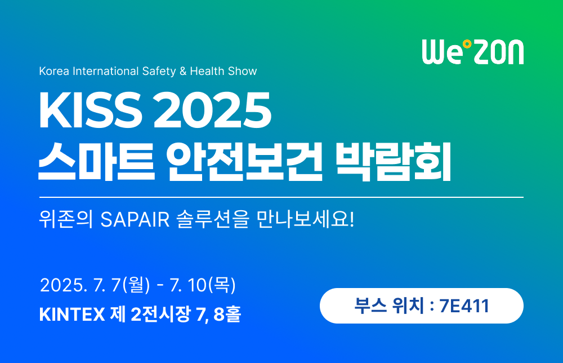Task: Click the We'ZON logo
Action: [x=472, y=51]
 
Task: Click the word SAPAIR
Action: [x=135, y=219]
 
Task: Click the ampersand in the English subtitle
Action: [x=182, y=72]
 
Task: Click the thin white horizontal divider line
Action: [x=281, y=197]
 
